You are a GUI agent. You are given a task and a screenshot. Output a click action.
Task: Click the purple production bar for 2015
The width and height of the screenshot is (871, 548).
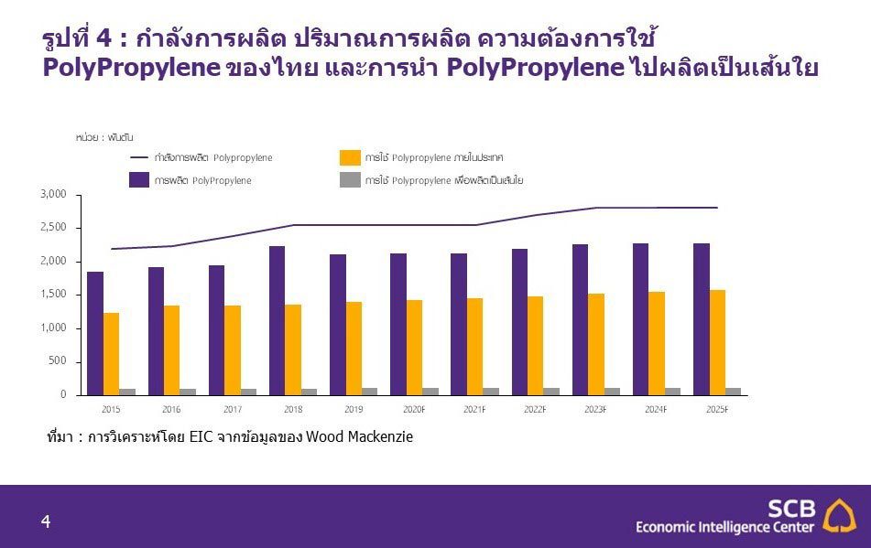[95, 333]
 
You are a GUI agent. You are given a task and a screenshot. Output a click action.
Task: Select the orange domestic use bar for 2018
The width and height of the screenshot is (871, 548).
[293, 349]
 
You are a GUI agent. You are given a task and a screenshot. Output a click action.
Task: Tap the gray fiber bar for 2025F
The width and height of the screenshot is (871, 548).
[734, 392]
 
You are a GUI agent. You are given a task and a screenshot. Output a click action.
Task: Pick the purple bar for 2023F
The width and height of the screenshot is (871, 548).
[581, 319]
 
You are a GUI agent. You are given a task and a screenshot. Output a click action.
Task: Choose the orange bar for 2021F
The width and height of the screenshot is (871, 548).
[474, 346]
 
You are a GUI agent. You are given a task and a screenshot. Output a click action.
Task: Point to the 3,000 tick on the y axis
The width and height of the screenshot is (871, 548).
[54, 195]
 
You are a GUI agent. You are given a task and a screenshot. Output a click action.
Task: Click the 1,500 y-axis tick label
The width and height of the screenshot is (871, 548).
[54, 295]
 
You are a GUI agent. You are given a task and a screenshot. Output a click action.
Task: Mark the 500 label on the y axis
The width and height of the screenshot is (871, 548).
[59, 361]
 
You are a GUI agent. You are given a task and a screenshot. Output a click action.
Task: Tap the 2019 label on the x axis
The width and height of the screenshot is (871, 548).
[354, 409]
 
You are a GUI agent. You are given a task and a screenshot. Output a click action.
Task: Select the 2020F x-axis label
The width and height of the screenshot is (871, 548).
[414, 409]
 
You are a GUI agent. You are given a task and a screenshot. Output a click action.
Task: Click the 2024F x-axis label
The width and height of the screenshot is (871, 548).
[656, 409]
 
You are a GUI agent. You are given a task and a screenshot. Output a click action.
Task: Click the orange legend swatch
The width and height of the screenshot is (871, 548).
[349, 157]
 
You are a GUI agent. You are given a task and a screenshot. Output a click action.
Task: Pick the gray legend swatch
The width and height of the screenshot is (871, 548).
[349, 180]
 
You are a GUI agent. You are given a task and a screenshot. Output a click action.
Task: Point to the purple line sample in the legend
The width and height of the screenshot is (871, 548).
[139, 157]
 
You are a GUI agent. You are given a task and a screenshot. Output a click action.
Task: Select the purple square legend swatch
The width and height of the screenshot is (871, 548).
[139, 180]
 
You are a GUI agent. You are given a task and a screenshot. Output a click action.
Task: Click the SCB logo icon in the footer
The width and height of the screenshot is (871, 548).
[839, 515]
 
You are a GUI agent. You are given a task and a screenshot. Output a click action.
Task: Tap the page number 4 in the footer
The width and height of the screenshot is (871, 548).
[45, 522]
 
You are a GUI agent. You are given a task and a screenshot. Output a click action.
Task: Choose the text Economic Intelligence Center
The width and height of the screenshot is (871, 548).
[724, 527]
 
